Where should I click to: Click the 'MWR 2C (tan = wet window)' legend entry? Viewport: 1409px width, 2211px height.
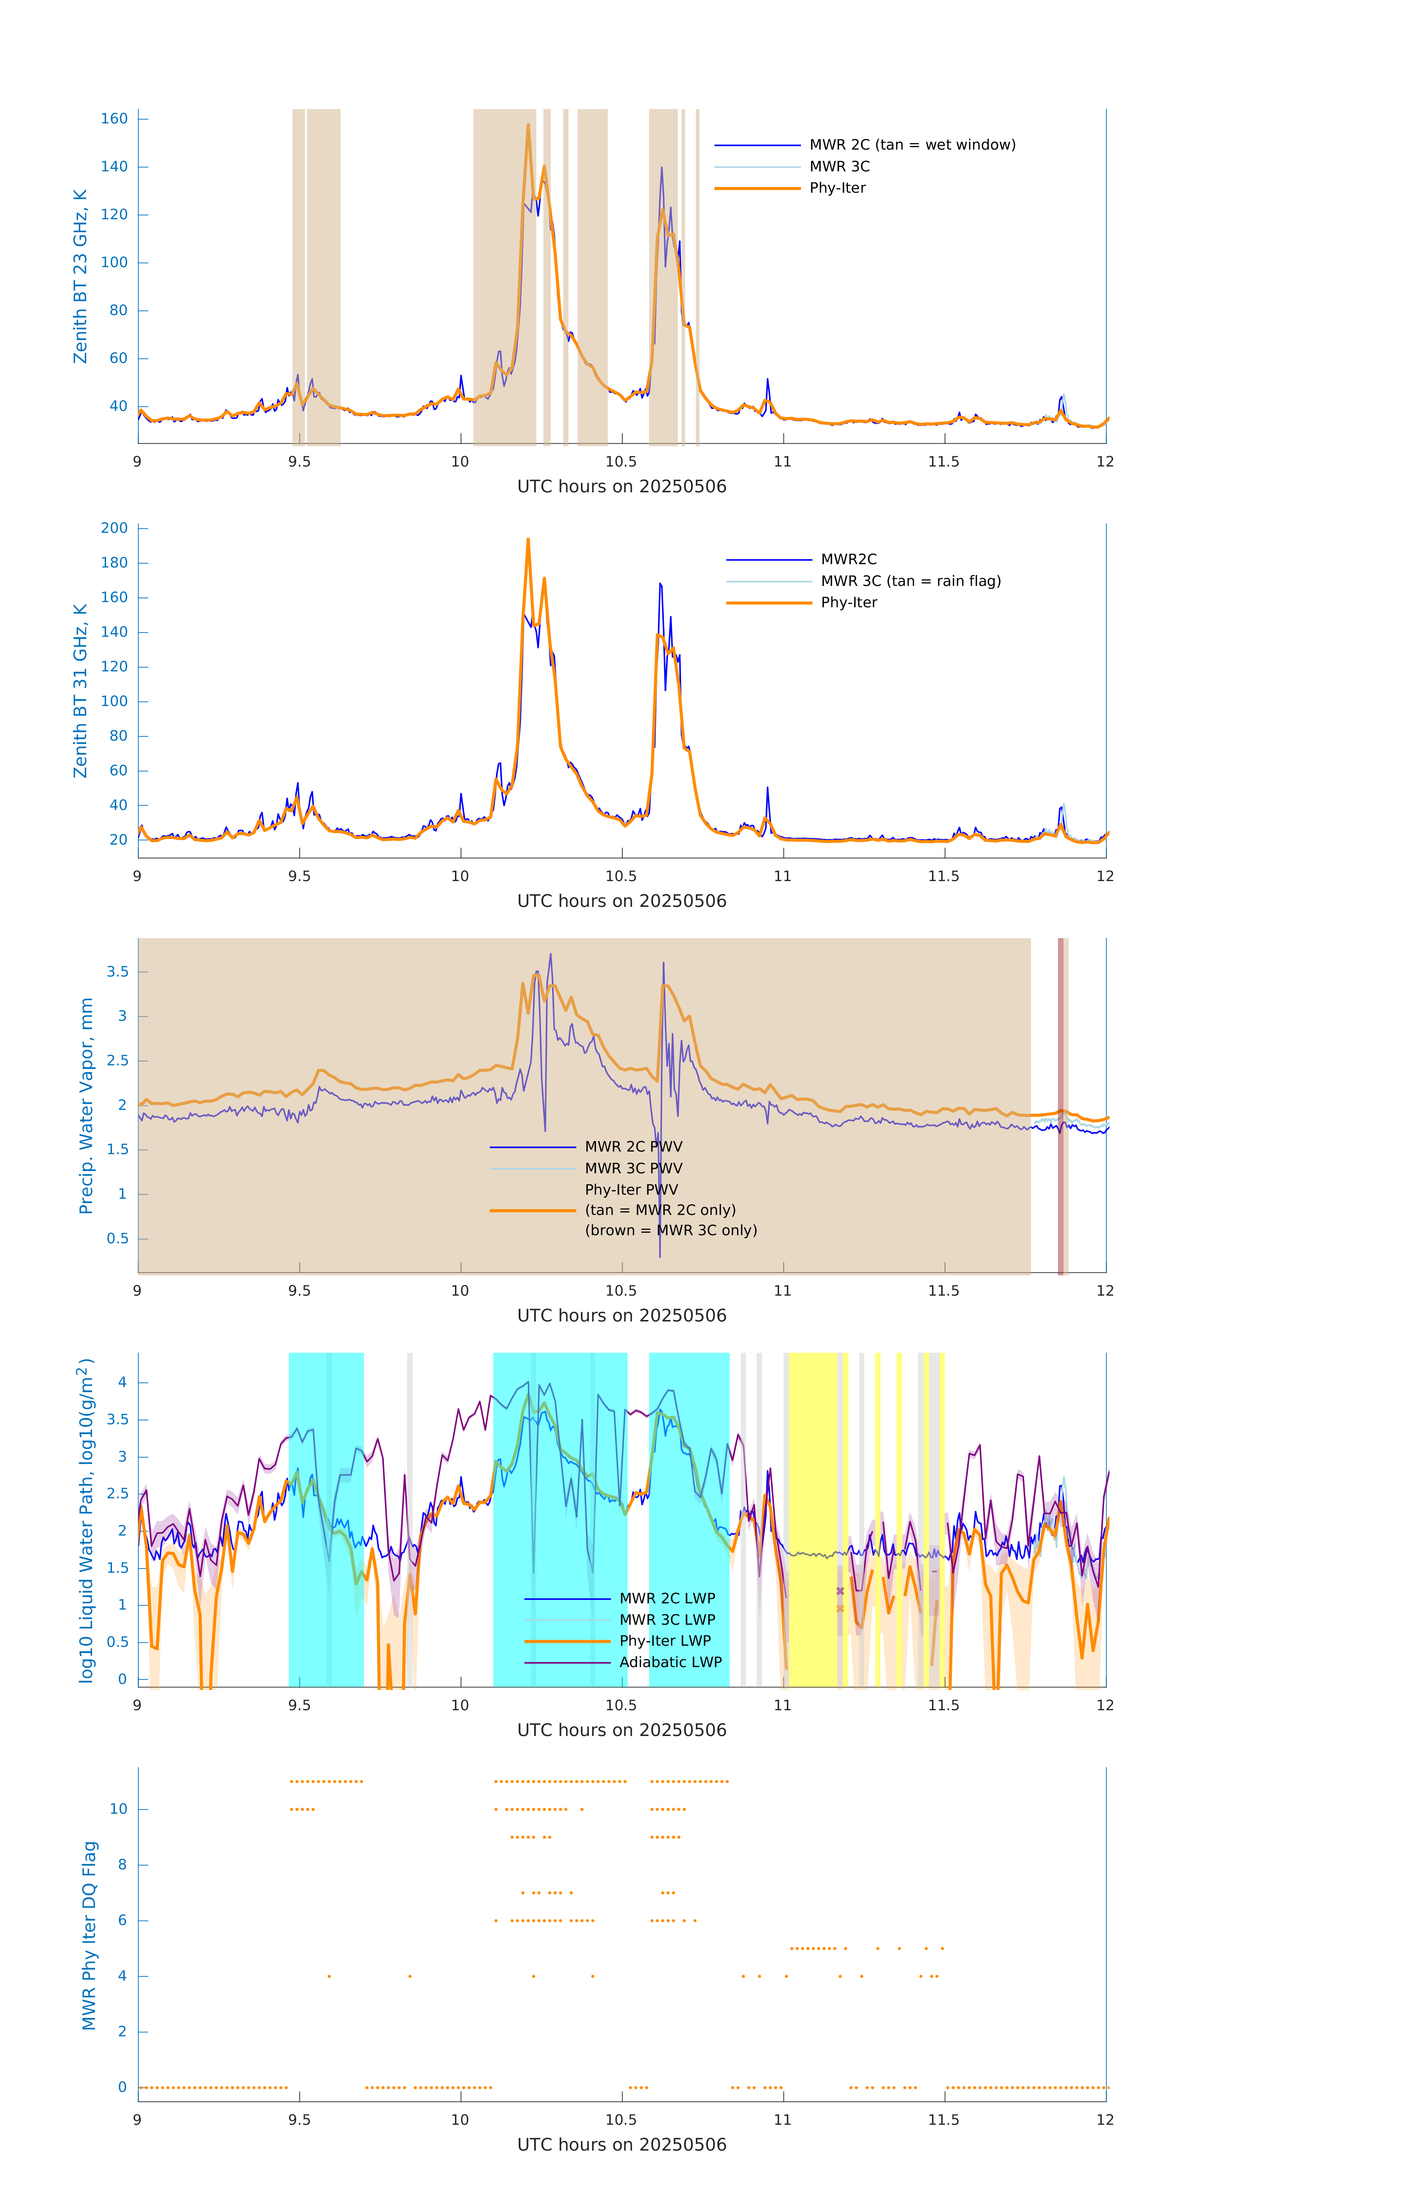pyautogui.click(x=911, y=145)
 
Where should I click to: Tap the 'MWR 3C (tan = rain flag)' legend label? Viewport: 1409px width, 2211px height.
pyautogui.click(x=911, y=581)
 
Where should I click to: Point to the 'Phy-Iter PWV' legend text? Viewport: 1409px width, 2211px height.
pyautogui.click(x=631, y=1190)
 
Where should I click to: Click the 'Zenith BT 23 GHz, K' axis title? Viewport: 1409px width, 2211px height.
pyautogui.click(x=81, y=276)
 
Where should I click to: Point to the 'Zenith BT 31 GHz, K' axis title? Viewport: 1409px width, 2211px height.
pyautogui.click(x=81, y=691)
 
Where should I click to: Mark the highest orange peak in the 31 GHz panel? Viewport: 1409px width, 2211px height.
pyautogui.click(x=528, y=540)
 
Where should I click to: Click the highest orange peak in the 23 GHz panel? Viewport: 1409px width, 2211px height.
pyautogui.click(x=528, y=125)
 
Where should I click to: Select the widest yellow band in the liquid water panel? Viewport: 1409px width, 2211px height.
pyautogui.click(x=813, y=1520)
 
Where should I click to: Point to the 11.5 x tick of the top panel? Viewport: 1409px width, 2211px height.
pyautogui.click(x=944, y=462)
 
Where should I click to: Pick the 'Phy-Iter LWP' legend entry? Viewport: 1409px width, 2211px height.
pyautogui.click(x=665, y=1641)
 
